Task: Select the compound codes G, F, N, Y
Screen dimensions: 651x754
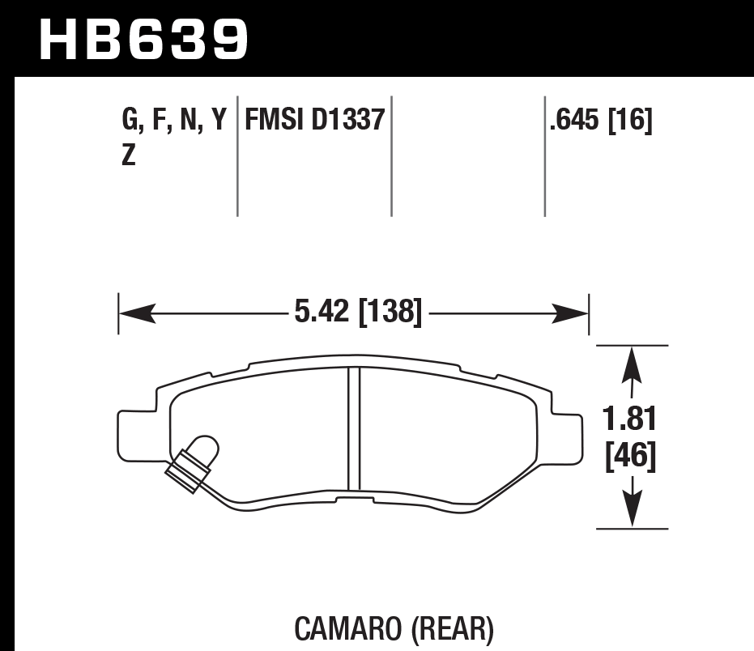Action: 173,121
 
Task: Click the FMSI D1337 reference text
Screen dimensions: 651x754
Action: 313,121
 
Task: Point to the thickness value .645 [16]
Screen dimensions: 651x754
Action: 600,121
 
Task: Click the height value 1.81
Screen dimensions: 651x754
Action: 631,420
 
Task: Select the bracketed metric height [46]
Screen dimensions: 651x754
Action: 631,457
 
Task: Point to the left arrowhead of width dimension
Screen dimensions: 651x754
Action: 133,312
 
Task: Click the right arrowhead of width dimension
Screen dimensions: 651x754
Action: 574,312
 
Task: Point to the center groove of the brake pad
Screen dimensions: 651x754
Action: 354,428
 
